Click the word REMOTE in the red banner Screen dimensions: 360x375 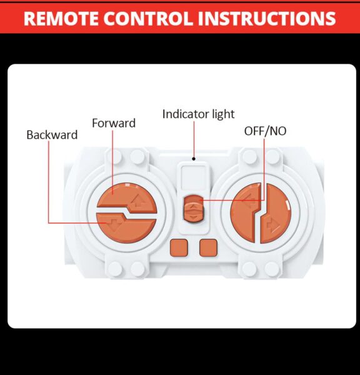point(61,18)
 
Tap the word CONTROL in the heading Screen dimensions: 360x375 point(148,18)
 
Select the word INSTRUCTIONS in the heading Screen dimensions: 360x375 point(267,18)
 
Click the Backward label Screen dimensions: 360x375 point(52,135)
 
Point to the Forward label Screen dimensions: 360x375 point(114,123)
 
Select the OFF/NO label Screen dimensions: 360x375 point(265,131)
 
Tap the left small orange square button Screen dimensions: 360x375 point(179,248)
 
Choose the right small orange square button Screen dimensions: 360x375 point(208,248)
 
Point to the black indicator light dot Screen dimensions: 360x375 point(194,159)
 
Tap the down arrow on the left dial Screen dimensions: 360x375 point(114,224)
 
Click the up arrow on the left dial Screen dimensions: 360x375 point(137,201)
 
